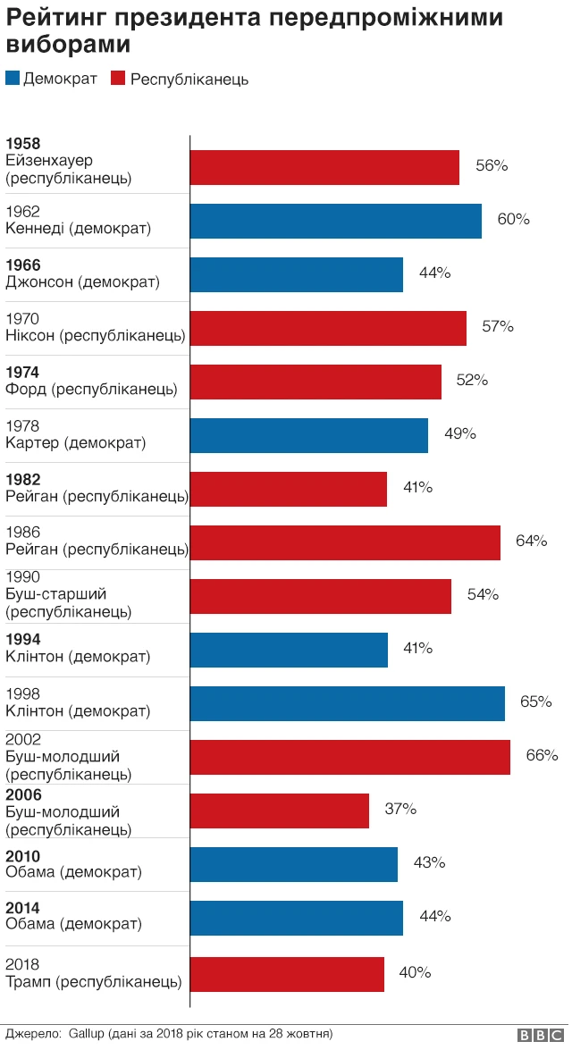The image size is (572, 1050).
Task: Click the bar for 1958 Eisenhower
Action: [x=324, y=167]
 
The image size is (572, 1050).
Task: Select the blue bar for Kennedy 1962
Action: [x=336, y=221]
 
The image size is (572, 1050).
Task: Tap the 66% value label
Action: [x=542, y=756]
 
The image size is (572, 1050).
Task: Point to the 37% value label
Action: [x=400, y=810]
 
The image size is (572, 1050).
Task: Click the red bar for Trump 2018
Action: [x=287, y=973]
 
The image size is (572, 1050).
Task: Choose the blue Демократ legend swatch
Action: [x=13, y=79]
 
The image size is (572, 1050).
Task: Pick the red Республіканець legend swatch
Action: [x=117, y=79]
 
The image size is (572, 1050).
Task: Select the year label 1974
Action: [x=23, y=373]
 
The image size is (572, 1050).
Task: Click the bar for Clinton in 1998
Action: [x=348, y=703]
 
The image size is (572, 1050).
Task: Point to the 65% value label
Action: [x=536, y=702]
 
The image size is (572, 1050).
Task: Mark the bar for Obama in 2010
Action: [x=294, y=864]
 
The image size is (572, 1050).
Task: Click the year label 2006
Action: [x=23, y=794]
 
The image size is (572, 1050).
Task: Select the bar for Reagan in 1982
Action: [x=289, y=489]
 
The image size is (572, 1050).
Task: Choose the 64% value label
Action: [x=531, y=541]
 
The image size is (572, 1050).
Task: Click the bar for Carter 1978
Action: [x=309, y=435]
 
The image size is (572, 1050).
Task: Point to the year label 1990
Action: [x=23, y=578]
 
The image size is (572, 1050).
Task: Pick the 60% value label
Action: [x=513, y=219]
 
